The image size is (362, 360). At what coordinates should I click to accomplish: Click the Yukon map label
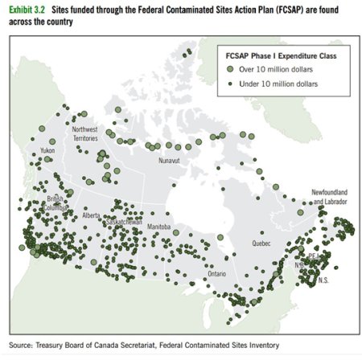(x=47, y=150)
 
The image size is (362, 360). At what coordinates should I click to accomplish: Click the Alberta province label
(x=91, y=215)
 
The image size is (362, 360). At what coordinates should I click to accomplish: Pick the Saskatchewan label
(x=124, y=221)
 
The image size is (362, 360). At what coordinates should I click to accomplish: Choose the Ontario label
(x=217, y=273)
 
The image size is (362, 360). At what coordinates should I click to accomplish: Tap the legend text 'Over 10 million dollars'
(x=279, y=70)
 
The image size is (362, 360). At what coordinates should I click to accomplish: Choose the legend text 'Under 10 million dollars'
(x=282, y=83)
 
